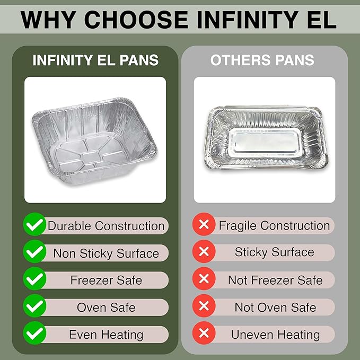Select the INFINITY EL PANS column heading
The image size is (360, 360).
[95, 60]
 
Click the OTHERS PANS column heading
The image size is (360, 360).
[262, 60]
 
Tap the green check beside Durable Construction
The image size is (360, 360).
[35, 225]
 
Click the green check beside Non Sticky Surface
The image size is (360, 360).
[35, 252]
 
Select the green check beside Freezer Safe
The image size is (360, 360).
[35, 280]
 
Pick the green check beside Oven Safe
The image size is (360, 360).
[35, 307]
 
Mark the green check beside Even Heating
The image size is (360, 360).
[35, 334]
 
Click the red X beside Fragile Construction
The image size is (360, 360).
[203, 225]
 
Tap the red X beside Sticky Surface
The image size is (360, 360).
[203, 252]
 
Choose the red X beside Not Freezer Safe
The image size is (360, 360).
[203, 279]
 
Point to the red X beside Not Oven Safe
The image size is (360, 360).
[203, 307]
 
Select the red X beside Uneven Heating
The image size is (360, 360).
[203, 334]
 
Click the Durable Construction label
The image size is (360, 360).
[106, 225]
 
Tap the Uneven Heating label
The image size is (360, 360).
[275, 335]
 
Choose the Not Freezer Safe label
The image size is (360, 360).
[275, 280]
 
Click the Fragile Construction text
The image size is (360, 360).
[274, 225]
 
